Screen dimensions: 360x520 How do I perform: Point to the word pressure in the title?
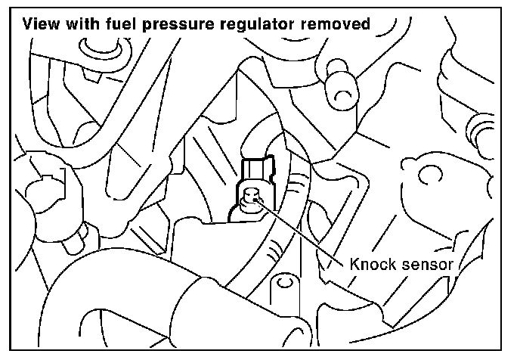pos(178,25)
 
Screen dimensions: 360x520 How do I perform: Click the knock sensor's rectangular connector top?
pos(257,170)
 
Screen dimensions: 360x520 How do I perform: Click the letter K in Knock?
pos(354,265)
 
